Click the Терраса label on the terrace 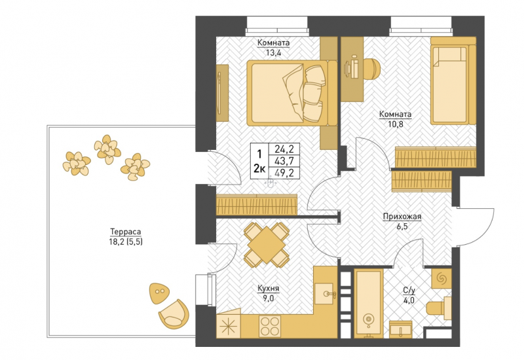pos(126,232)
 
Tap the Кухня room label pos(269,288)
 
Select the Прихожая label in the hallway pos(402,217)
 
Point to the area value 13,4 pos(273,53)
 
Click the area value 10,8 pos(396,124)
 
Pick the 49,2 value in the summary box pos(284,173)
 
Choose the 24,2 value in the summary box pos(284,149)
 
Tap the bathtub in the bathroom pos(368,303)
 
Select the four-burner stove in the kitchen pos(270,326)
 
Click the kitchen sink pos(324,294)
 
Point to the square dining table pos(267,245)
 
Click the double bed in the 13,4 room pos(291,93)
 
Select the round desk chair pos(371,69)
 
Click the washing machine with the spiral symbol pos(441,278)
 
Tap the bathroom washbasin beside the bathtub pos(401,329)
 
